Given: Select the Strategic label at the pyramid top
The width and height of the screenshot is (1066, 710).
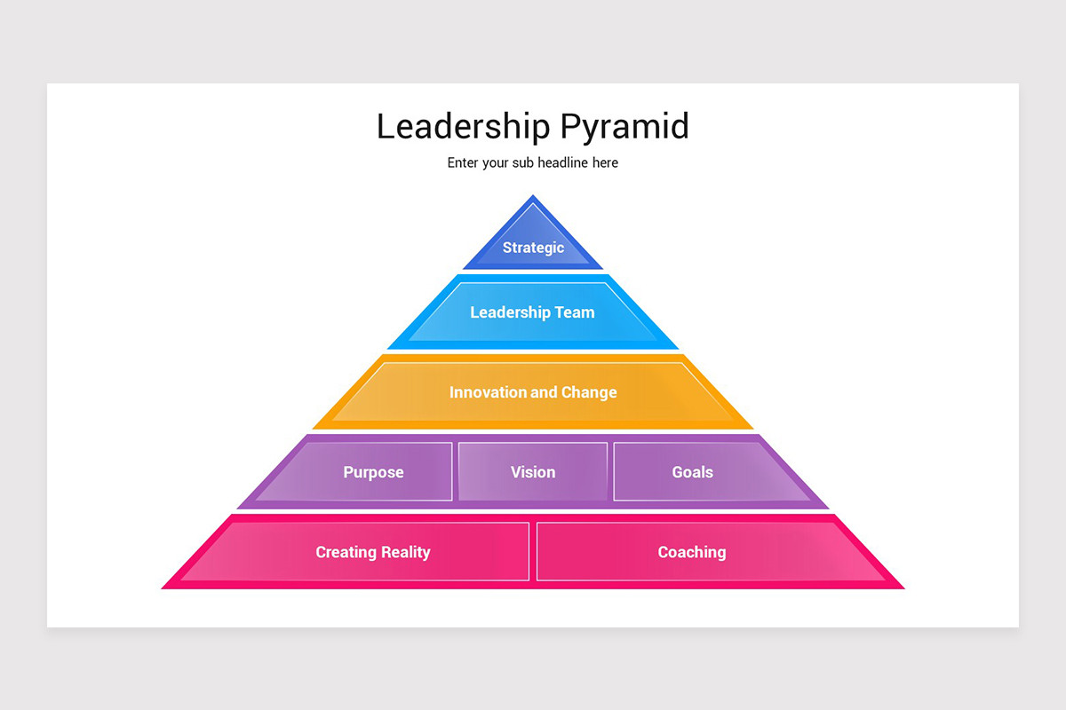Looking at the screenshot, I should [533, 248].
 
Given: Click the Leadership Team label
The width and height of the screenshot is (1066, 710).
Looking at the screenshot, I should [532, 312].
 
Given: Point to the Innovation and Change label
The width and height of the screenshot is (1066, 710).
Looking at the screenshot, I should [533, 392].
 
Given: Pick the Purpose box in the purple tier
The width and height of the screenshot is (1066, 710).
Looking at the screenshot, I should [373, 472].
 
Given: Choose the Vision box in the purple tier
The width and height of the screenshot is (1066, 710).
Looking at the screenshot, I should [533, 472].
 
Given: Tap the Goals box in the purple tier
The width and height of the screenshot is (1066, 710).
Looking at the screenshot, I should [692, 472].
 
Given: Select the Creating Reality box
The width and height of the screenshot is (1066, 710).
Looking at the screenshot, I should [372, 552].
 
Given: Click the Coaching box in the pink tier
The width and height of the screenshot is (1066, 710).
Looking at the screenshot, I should [692, 552].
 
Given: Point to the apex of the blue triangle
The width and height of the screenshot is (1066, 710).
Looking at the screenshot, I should [533, 197].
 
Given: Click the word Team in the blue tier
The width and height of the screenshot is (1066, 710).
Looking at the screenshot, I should [575, 312].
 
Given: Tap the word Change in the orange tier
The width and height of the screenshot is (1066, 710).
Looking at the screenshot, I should [589, 392].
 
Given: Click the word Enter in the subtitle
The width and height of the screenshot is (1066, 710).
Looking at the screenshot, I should [463, 163].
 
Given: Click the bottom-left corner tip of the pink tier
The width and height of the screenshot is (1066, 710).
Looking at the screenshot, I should [164, 588].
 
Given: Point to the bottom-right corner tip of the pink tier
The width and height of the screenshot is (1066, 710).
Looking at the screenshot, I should [902, 588].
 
